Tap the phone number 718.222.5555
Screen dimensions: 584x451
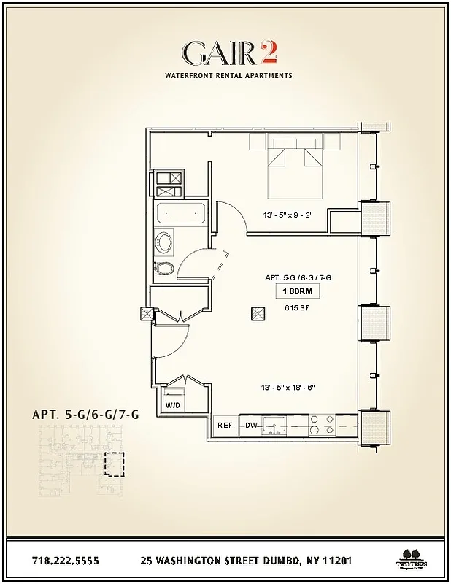(x=66, y=561)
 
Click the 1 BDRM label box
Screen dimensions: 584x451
(x=298, y=292)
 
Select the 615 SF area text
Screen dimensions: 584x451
(x=298, y=308)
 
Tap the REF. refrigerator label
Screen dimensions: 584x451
(x=225, y=426)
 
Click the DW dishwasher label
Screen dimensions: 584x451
(x=250, y=426)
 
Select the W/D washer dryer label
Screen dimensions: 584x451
(x=173, y=404)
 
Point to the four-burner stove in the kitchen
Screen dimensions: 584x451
(x=322, y=425)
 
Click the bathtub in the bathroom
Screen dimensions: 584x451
(x=180, y=215)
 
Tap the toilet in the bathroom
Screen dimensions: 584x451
(x=166, y=269)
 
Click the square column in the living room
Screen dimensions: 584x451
(x=258, y=313)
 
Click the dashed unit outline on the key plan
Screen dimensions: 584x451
(x=115, y=464)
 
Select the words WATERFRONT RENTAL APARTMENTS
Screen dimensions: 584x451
(x=228, y=75)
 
